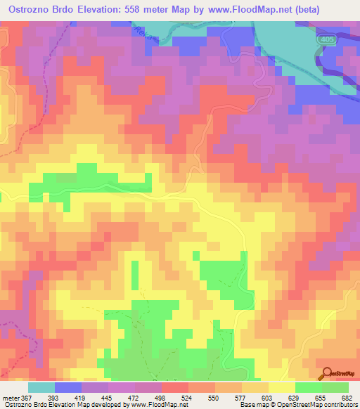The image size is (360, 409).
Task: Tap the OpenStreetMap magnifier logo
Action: (x=326, y=373)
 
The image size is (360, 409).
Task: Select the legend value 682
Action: (x=346, y=397)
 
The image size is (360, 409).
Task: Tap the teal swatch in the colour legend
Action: (x=41, y=387)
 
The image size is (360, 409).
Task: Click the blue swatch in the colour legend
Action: (x=67, y=387)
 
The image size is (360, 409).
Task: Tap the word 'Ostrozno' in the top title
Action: (x=29, y=10)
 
